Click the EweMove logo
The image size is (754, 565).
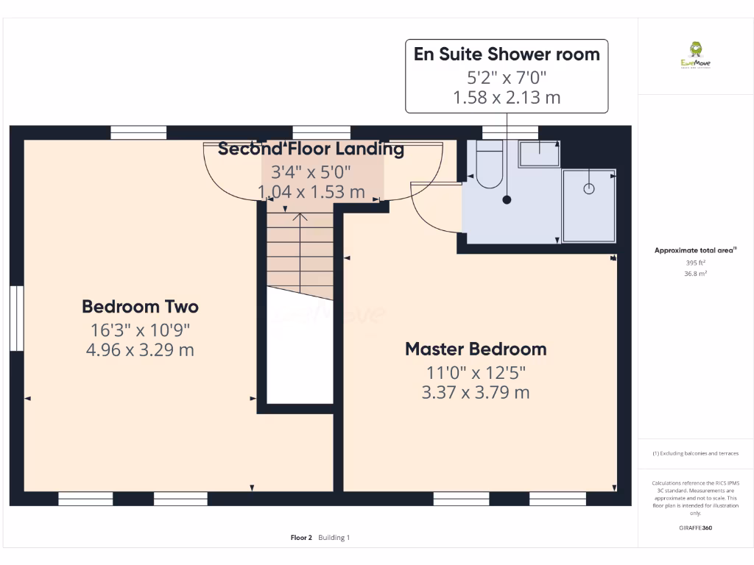pos(695,55)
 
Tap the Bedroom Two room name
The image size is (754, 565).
pos(140,306)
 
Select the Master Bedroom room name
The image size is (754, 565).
pos(476,349)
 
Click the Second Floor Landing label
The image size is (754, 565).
pos(311,149)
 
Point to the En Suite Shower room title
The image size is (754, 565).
pos(507,54)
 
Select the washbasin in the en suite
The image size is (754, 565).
pos(539,154)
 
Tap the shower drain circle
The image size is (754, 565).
pos(588,188)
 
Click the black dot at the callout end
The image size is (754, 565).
pos(507,199)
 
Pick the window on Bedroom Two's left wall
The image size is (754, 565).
pos(16,318)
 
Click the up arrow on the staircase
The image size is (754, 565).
pos(300,218)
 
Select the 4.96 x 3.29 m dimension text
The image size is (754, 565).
pos(140,349)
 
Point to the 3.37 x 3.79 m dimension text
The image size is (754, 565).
pos(476,392)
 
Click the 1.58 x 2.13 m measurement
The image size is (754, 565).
pos(507,96)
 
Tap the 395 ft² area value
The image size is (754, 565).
pos(696,263)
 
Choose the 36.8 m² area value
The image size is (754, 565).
pos(696,273)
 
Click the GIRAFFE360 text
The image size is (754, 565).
pos(696,527)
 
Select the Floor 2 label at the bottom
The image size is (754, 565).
pos(301,538)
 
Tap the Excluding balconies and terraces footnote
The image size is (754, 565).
pos(696,453)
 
